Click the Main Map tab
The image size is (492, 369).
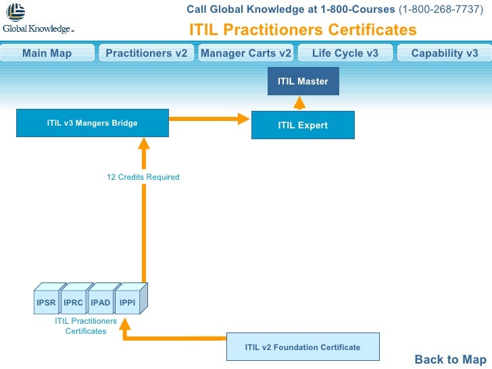pos(47,53)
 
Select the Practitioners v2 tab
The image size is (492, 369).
pos(146,53)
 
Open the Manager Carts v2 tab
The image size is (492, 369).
pos(246,53)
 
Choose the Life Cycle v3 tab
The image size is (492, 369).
pos(345,53)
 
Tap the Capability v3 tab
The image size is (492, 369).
pos(444,53)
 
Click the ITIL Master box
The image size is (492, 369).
pos(303,82)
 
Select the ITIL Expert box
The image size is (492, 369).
pos(303,125)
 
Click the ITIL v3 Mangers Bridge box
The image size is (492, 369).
pos(92,123)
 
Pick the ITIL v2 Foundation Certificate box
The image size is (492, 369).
pos(302,347)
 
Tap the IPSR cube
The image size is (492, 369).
pos(47,303)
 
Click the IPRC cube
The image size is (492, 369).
pos(74,303)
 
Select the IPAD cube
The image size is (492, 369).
pos(101,303)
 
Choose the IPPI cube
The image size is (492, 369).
pos(128,303)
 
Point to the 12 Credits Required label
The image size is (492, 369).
pos(143,177)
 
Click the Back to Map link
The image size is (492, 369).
pos(450,360)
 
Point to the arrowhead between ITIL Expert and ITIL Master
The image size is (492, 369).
pos(298,103)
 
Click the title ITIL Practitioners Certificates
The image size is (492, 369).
pos(303,30)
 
